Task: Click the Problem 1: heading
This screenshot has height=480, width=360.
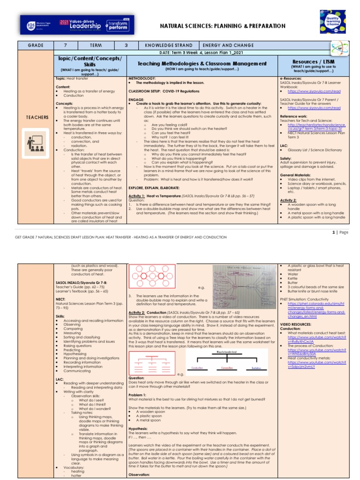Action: (138, 394)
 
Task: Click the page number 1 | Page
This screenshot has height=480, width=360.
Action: (340, 232)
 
